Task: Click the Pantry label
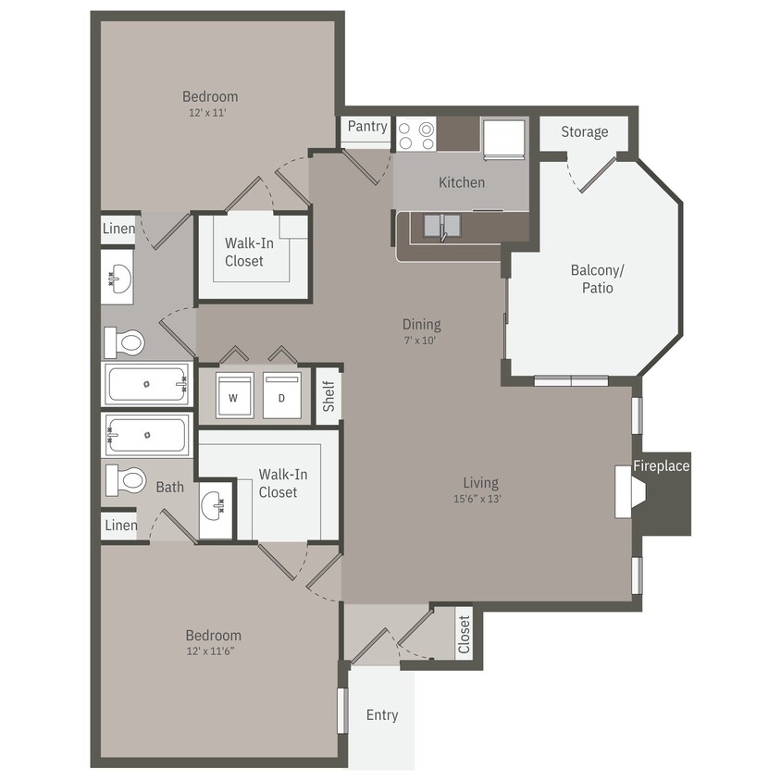tap(367, 127)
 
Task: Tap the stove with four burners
tap(416, 136)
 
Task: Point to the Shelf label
tap(329, 397)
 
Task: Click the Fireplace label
tap(662, 465)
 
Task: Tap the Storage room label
tap(585, 131)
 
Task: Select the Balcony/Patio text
tap(597, 279)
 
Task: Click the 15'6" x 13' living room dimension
tap(480, 499)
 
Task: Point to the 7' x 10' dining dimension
tap(421, 340)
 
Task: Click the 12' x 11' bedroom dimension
tap(209, 113)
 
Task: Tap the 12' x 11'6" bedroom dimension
tap(213, 651)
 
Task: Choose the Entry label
tap(382, 714)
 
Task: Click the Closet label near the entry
tap(465, 634)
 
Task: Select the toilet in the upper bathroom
tap(125, 343)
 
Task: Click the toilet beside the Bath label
tap(127, 480)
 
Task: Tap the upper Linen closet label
tap(118, 229)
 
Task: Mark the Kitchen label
tap(462, 182)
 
